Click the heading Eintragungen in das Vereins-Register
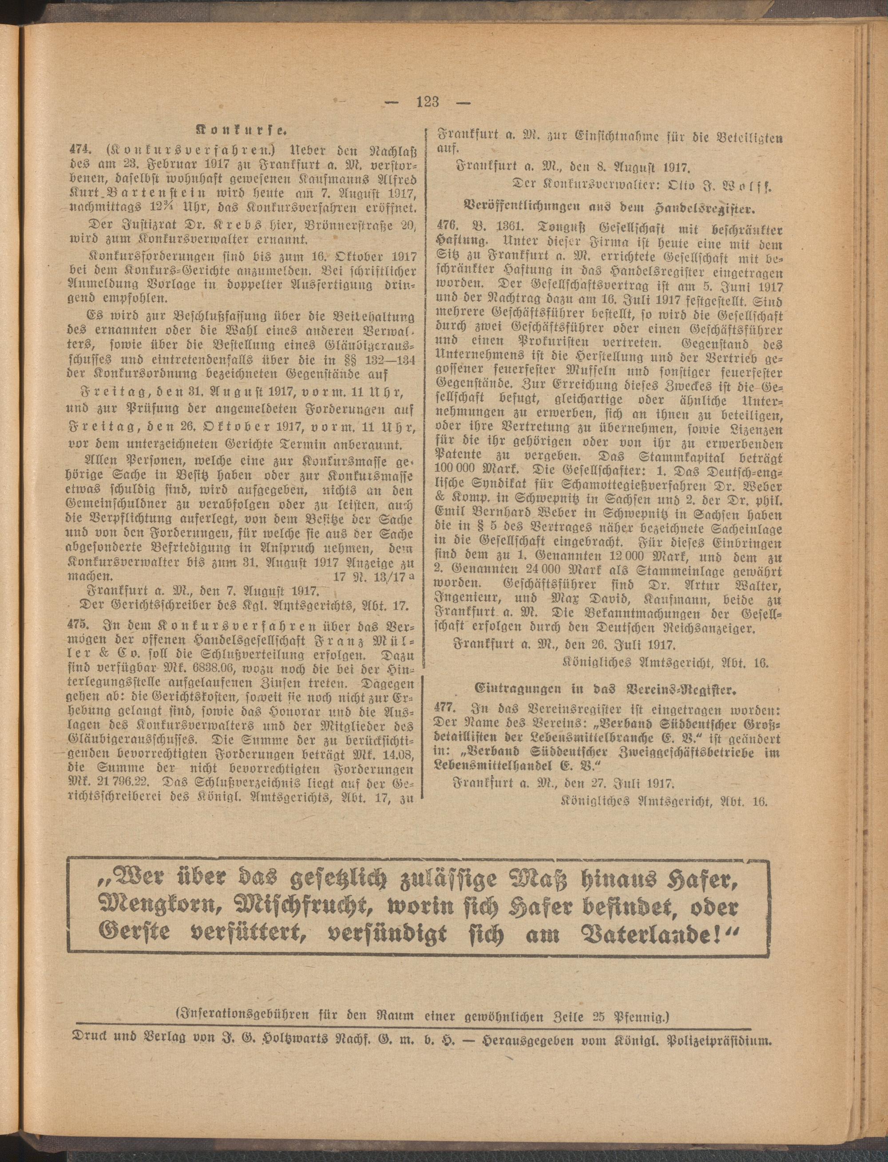605,690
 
